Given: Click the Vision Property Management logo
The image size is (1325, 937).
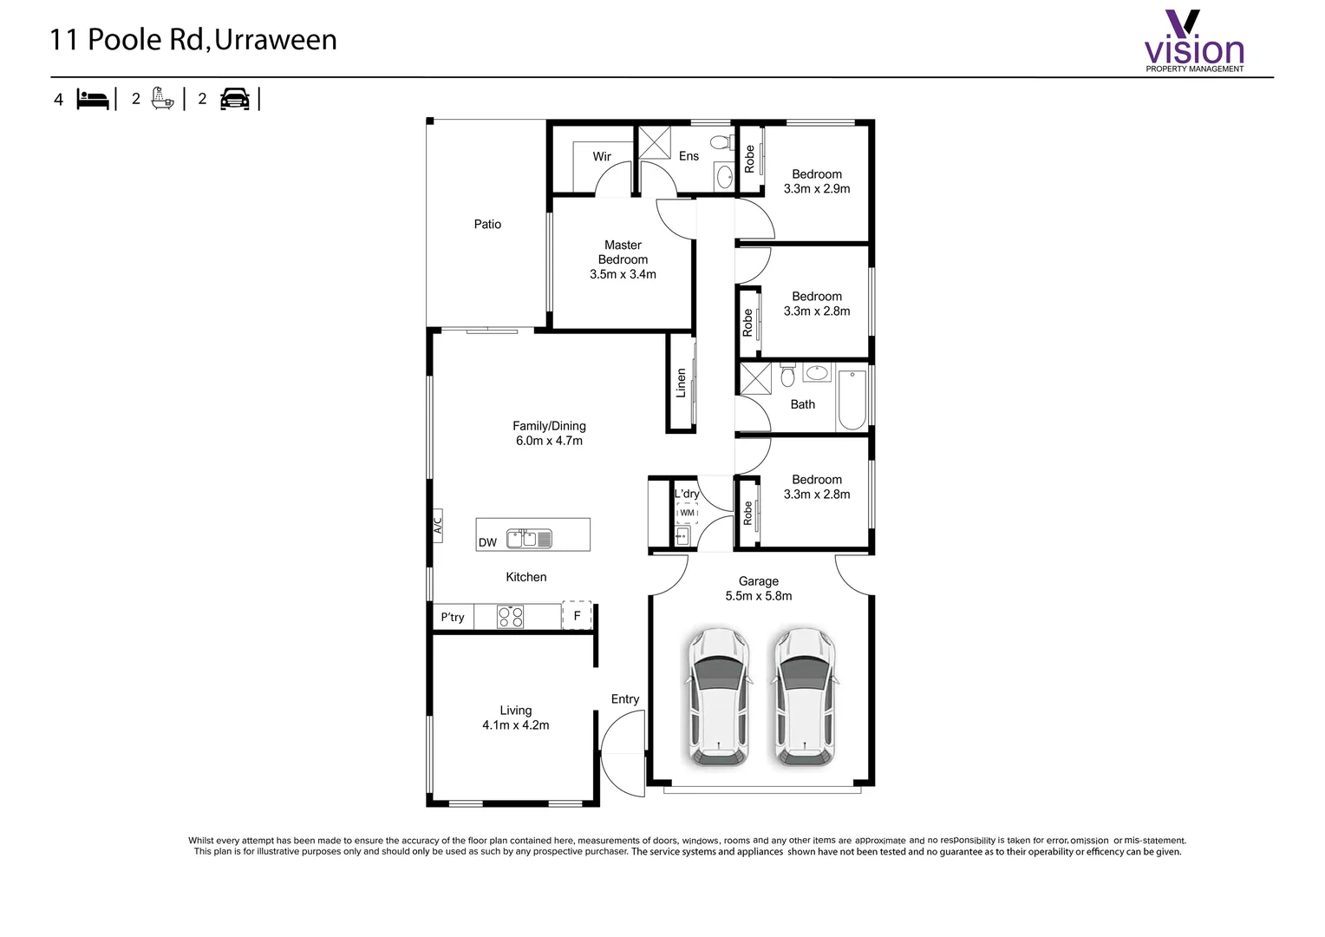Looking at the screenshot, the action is point(1194,41).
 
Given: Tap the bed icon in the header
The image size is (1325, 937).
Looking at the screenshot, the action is point(93,100).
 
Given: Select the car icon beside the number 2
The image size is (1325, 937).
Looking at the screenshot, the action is point(235,99).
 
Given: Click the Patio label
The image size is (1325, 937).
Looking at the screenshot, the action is point(487,225).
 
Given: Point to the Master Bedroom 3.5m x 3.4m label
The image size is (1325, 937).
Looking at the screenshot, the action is point(623,259).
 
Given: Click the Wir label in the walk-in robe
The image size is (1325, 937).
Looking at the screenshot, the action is point(602,156).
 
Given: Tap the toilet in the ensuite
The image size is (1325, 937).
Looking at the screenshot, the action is point(721,141).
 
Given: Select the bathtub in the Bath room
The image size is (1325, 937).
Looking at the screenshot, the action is point(852,400).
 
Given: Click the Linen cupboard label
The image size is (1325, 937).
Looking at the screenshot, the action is point(681,383).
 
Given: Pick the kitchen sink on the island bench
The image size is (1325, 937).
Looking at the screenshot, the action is point(530,539).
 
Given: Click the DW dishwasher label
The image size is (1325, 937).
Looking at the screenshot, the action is point(487,543).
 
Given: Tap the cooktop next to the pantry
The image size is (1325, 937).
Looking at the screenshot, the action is point(511,616).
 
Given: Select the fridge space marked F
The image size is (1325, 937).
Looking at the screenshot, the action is point(577,615).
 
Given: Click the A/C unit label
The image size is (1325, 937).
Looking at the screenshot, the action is point(438,526).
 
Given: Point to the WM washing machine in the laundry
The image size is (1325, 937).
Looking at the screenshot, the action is point(687,513).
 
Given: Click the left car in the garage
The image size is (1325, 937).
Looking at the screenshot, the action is point(719,698).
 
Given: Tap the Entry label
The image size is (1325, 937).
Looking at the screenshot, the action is point(625,699).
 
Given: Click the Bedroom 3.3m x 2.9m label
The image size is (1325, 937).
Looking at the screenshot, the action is point(817,181).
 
